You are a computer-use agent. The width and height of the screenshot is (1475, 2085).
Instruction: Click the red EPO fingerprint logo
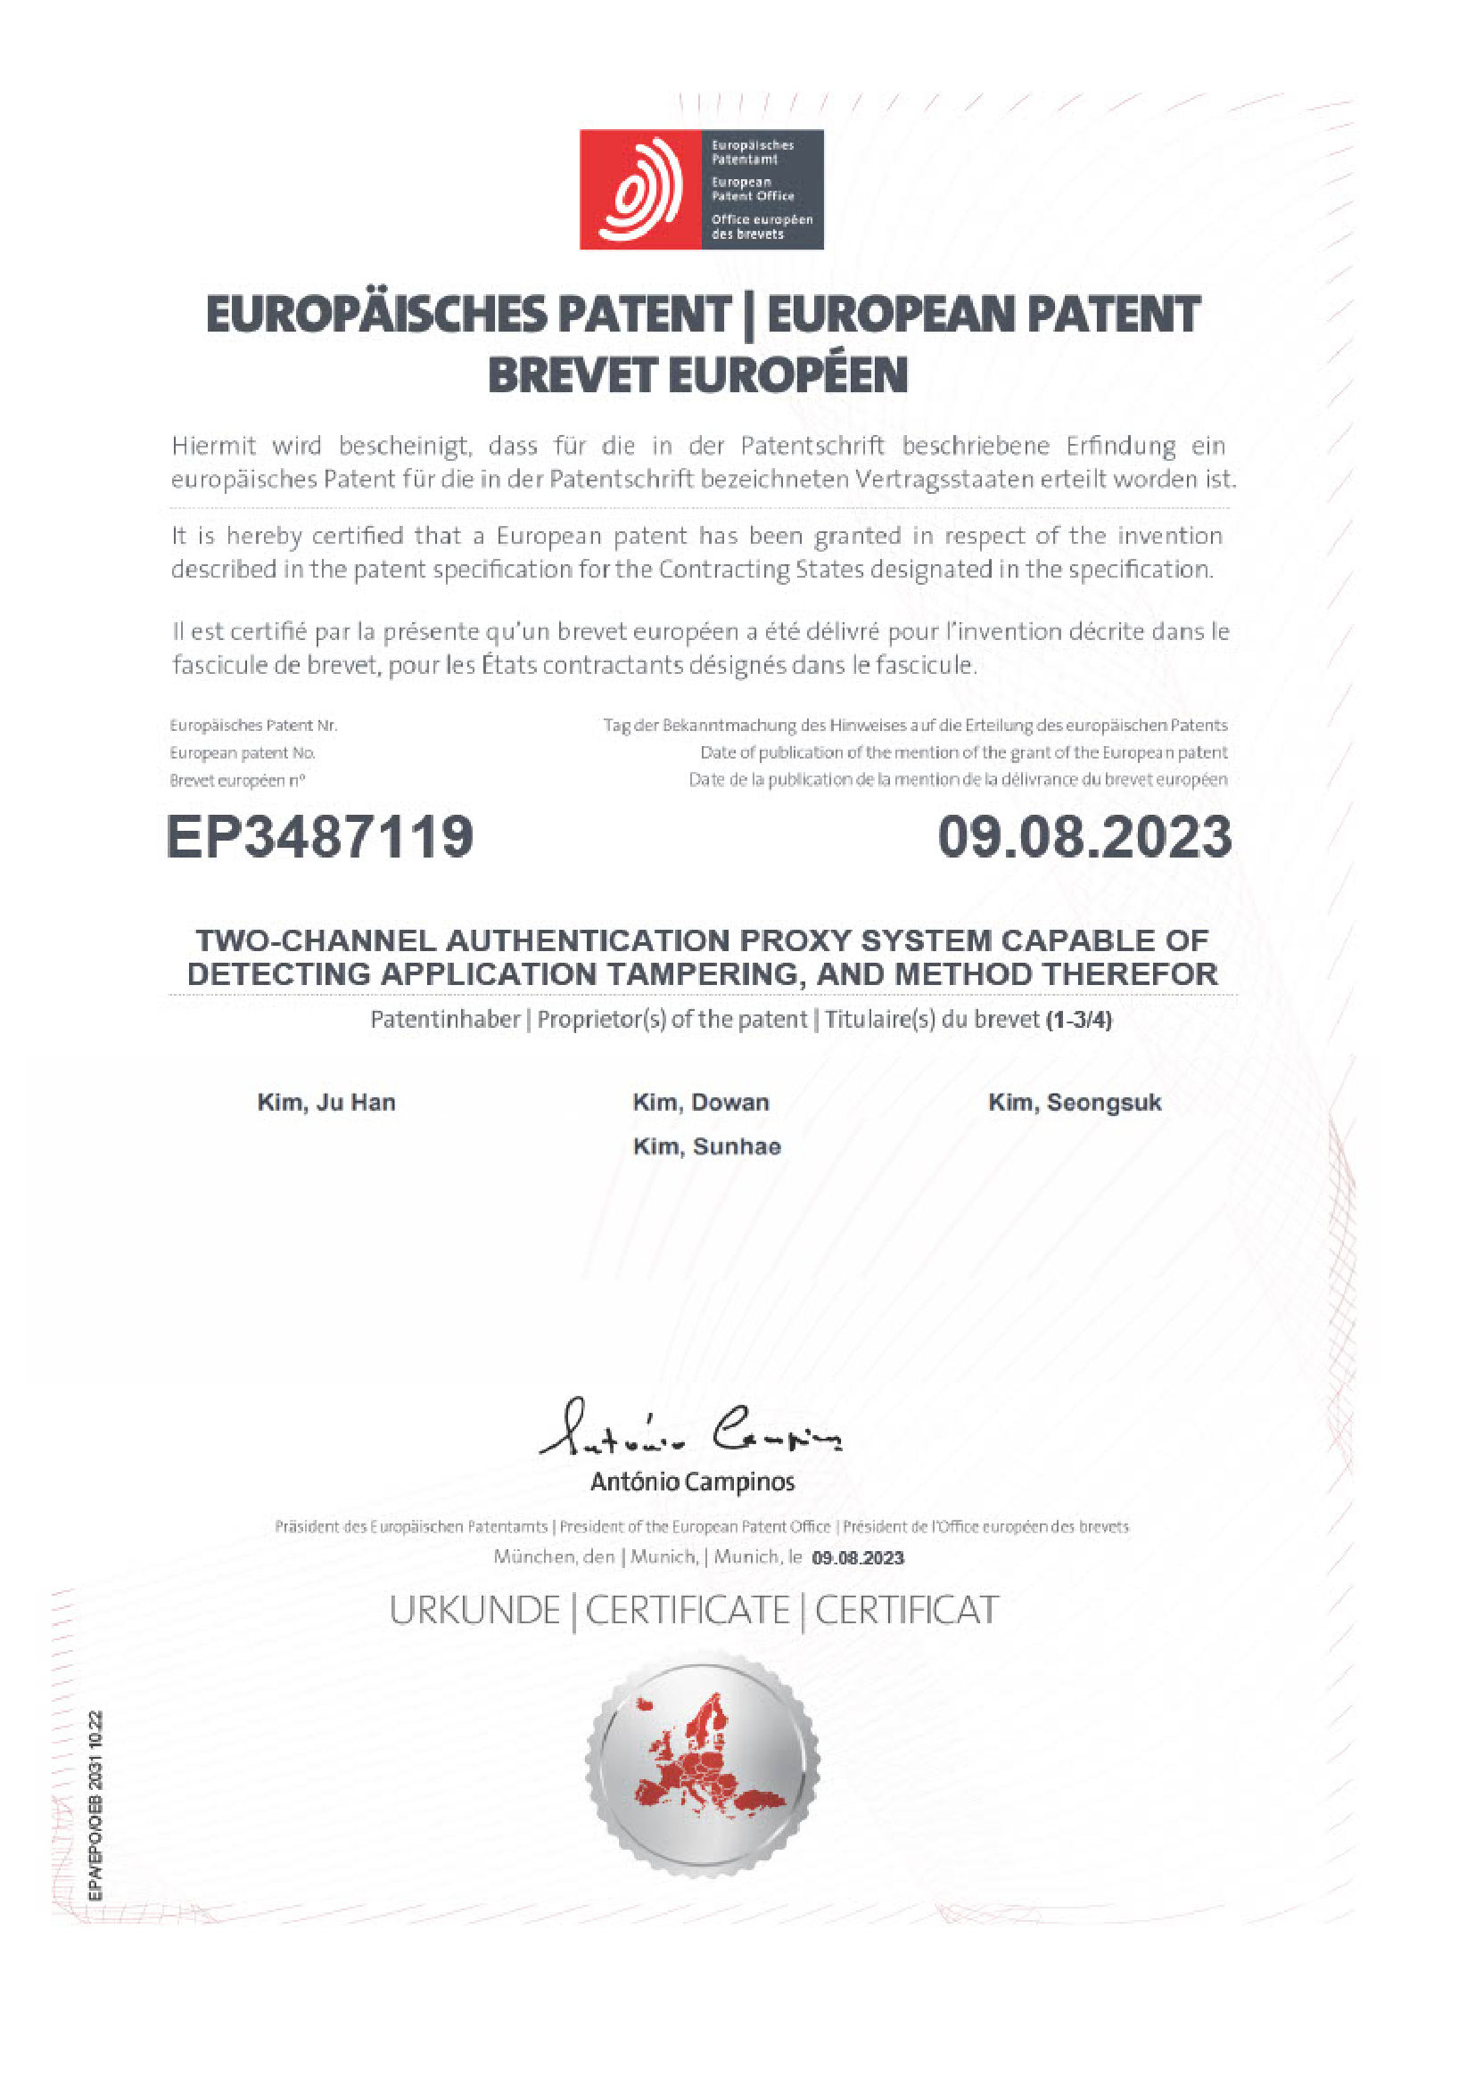(641, 189)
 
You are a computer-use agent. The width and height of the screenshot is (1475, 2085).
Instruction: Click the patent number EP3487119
(320, 836)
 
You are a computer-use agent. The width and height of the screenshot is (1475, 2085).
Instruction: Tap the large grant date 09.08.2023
(1084, 836)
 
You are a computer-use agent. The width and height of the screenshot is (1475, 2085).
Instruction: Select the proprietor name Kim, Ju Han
(326, 1103)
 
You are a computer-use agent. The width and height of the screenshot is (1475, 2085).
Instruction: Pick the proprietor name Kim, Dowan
(700, 1103)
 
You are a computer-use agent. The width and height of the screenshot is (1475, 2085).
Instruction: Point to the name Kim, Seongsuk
(1075, 1103)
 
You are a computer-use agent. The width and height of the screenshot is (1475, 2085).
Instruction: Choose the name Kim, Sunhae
(706, 1146)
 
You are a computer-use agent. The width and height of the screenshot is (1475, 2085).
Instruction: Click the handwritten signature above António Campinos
(690, 1429)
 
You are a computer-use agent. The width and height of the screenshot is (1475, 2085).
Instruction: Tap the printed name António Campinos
(692, 1482)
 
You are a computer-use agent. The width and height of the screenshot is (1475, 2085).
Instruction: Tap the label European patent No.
(242, 753)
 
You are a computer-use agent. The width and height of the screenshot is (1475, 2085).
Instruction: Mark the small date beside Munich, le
(857, 1558)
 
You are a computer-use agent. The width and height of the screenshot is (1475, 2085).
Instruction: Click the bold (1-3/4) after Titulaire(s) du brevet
(1078, 1020)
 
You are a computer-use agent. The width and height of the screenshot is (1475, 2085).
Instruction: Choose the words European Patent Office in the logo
(752, 189)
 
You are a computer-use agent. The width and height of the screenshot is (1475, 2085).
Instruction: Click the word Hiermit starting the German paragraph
(213, 446)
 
